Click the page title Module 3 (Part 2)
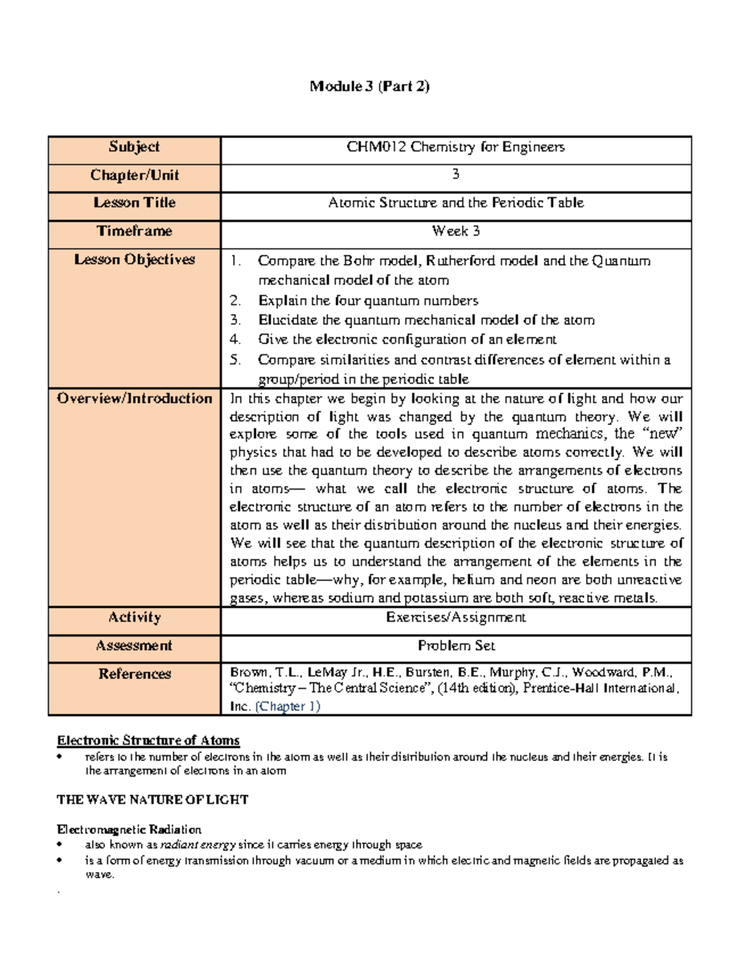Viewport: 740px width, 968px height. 369,86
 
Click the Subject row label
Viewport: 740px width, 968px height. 134,147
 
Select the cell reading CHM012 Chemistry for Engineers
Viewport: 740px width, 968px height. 456,147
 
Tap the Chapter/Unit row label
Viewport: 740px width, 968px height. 134,175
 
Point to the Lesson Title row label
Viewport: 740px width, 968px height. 134,203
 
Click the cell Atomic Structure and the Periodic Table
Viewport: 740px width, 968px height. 456,203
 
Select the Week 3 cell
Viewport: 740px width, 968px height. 456,231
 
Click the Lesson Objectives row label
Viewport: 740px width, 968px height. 134,260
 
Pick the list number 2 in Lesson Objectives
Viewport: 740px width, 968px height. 235,301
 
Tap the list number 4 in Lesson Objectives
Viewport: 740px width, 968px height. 235,340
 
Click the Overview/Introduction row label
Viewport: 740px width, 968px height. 134,399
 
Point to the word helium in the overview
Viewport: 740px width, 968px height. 473,580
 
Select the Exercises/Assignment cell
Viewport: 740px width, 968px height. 456,618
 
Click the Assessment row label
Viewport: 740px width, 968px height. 134,646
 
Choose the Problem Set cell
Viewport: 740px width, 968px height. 456,646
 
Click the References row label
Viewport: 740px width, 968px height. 134,674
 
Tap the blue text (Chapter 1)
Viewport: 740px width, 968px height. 287,706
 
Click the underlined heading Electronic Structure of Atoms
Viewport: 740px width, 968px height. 148,740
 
